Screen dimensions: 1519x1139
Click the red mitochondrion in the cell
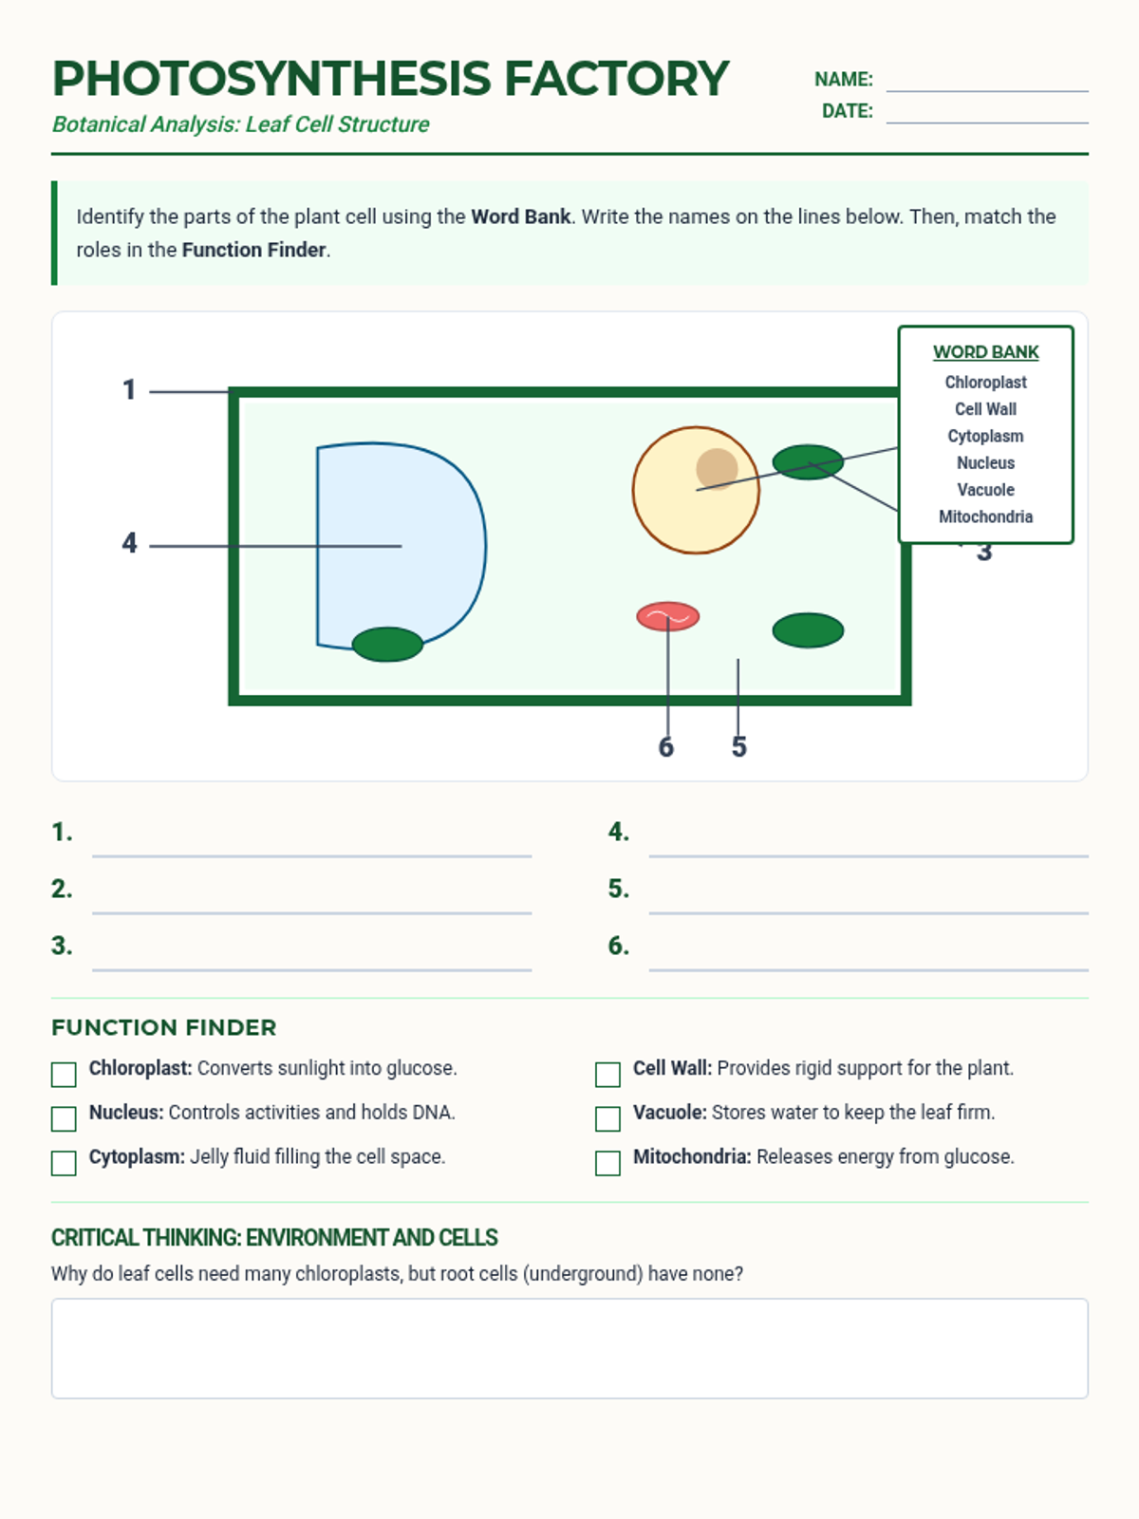668,616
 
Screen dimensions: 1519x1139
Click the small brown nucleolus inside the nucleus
717,468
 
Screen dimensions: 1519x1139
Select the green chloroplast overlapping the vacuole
387,645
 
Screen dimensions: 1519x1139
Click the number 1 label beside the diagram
129,390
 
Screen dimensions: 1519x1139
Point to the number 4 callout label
129,543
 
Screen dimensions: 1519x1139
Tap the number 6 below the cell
666,748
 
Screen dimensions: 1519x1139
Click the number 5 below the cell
739,748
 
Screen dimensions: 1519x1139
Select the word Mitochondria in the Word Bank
985,516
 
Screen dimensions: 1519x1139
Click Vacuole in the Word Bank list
985,490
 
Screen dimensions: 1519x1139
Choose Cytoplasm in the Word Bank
985,436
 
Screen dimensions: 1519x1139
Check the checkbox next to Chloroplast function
64,1075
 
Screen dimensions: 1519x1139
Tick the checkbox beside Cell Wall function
607,1075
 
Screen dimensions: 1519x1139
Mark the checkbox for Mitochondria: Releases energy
607,1163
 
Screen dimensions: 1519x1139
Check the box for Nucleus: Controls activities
64,1119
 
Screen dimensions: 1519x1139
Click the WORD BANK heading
985,352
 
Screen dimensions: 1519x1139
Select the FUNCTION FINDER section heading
164,1028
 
